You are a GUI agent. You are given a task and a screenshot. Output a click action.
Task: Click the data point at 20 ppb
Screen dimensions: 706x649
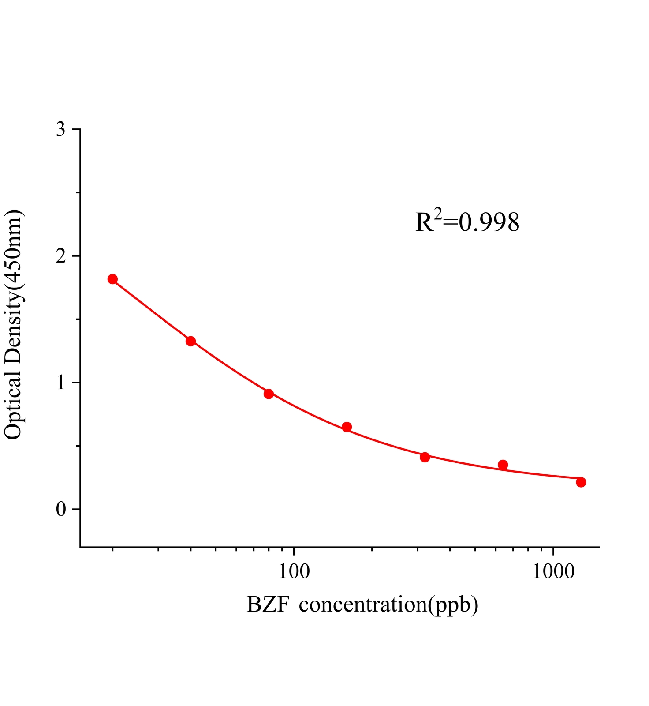(x=112, y=279)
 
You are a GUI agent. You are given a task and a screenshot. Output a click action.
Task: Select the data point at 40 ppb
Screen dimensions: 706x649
(x=190, y=341)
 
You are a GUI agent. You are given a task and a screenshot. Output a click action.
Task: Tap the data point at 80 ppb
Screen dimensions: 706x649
(x=269, y=394)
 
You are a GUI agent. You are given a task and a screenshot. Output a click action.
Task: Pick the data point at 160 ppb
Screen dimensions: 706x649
(x=347, y=427)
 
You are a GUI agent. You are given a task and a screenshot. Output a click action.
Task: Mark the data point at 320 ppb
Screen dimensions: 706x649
(x=425, y=457)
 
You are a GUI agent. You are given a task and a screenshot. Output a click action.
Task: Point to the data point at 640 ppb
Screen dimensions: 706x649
(x=503, y=465)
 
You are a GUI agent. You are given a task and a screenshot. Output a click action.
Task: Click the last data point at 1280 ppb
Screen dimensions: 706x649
(x=581, y=482)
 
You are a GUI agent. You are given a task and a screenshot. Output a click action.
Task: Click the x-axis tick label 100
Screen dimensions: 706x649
(x=294, y=572)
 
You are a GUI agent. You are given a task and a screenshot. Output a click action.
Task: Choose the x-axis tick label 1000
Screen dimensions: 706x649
(x=553, y=572)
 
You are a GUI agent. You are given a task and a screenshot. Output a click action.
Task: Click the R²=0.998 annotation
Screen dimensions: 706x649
(x=467, y=222)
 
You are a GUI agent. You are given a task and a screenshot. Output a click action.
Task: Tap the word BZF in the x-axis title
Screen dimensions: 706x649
(x=268, y=605)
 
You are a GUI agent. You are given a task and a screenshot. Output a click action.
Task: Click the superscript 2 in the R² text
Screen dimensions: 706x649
(x=437, y=214)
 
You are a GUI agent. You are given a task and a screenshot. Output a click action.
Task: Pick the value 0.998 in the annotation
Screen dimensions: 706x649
(x=489, y=223)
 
